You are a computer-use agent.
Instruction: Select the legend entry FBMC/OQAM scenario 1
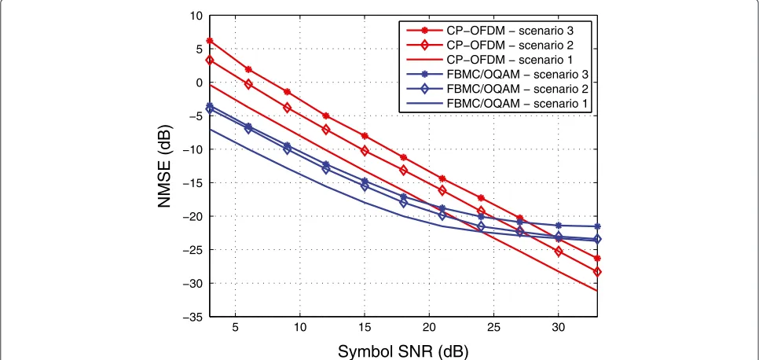497,103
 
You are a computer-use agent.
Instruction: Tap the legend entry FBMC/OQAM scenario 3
497,75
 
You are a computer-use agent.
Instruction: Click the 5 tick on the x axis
235,327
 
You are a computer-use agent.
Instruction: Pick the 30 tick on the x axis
558,327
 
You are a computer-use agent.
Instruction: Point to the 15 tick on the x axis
365,327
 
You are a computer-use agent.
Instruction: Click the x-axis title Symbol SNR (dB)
403,351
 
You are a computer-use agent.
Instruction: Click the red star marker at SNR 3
210,41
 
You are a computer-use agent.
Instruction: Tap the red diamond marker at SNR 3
210,60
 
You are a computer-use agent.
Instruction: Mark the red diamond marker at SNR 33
597,272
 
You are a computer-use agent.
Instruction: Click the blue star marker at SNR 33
597,226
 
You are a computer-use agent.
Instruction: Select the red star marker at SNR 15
365,136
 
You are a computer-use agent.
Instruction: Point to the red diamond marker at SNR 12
326,130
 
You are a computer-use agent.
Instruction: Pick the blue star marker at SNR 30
558,226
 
